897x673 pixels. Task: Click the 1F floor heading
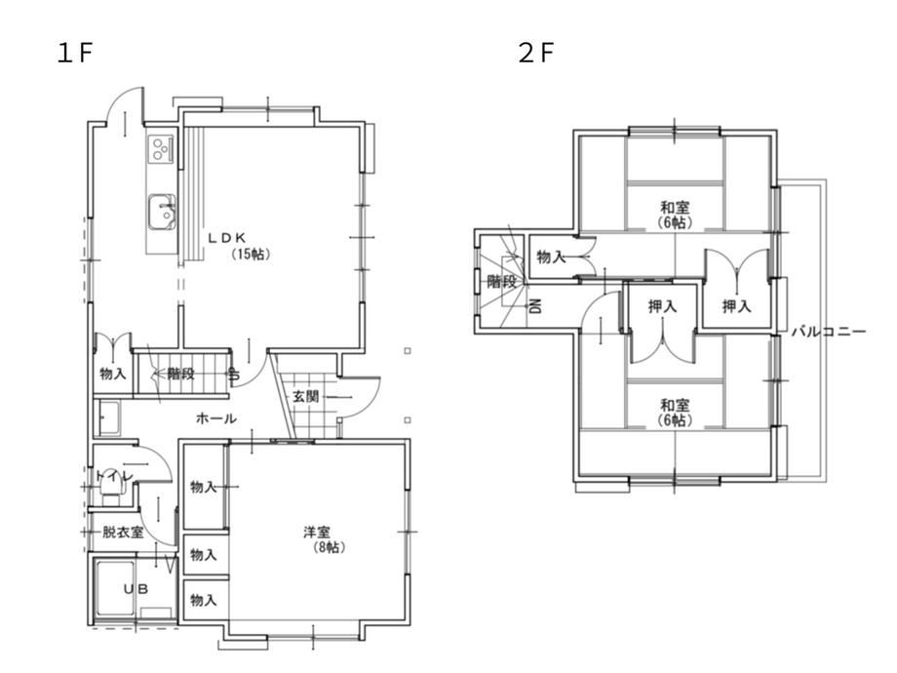[74, 54]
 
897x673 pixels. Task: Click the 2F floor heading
[536, 54]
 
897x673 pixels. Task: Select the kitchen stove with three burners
[161, 149]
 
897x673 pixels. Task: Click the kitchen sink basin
[161, 212]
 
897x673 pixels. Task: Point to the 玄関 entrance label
[305, 396]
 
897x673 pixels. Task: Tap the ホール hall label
[216, 418]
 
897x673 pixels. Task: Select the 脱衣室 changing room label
[123, 533]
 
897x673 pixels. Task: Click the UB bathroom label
[136, 588]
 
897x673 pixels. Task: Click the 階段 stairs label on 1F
[180, 374]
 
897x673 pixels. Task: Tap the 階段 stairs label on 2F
[501, 281]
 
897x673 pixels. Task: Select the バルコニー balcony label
[829, 332]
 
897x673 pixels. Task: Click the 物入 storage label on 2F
[550, 257]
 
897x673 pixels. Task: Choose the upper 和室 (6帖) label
[675, 215]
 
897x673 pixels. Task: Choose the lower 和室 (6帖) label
[675, 413]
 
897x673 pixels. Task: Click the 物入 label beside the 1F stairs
[113, 374]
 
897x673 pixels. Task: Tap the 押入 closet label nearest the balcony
[736, 306]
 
